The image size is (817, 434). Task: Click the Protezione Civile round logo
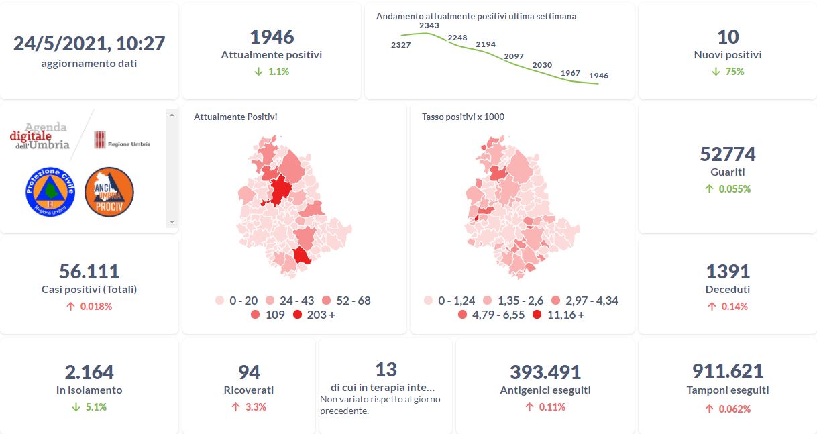coord(50,192)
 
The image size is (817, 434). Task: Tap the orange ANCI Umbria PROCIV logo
coord(109,192)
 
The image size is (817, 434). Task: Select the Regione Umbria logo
coord(121,140)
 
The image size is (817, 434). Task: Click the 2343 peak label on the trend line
coord(429,25)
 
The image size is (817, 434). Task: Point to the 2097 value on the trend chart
coord(514,56)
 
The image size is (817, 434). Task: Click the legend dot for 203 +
coord(298,315)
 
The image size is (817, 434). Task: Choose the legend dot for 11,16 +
coord(537,315)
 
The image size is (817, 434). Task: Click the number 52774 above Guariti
coord(727,154)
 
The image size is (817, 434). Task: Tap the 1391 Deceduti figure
coord(727,272)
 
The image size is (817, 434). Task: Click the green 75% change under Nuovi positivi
coord(727,71)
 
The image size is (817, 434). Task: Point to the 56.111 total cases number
coord(89,272)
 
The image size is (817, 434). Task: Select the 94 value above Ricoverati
coord(249,372)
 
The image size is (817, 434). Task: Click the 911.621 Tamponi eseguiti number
coord(727,371)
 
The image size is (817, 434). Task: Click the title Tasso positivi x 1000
coord(463,117)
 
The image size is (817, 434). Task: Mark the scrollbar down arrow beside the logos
coord(172,222)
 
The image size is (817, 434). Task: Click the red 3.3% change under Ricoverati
coord(249,406)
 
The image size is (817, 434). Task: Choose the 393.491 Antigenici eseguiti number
coord(545,372)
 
